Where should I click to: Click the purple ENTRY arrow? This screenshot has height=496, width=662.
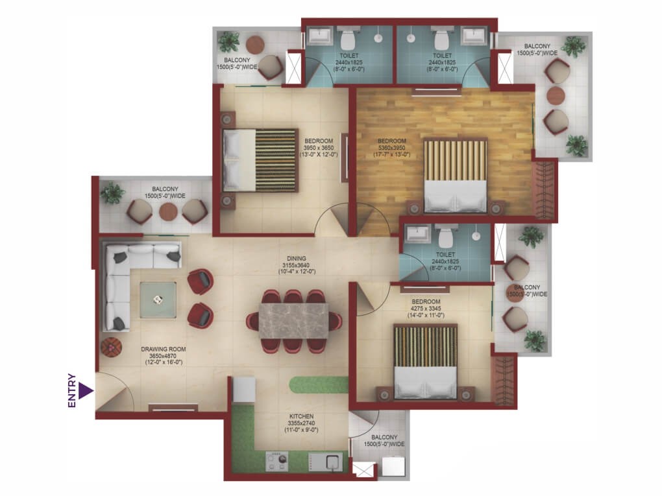[85, 390]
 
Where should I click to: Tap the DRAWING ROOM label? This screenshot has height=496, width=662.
[164, 349]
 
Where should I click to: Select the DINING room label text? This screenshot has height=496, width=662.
[297, 259]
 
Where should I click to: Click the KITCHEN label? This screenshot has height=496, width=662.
[301, 416]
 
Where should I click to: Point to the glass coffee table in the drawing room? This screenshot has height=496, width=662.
[158, 300]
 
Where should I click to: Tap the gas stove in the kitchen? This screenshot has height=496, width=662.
[277, 462]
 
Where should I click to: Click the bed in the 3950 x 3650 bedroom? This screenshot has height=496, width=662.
[260, 160]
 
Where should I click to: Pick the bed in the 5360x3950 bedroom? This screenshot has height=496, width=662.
[455, 176]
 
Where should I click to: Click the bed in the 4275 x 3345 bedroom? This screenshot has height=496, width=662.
[426, 361]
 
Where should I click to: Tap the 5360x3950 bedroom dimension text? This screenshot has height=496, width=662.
[391, 148]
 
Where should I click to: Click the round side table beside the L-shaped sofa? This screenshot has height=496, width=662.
[112, 347]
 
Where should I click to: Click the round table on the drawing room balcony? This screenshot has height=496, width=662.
[168, 211]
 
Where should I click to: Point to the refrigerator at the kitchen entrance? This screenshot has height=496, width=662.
[244, 389]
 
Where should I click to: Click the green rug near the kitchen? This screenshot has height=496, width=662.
[318, 384]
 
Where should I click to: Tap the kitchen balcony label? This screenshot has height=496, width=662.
[384, 441]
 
